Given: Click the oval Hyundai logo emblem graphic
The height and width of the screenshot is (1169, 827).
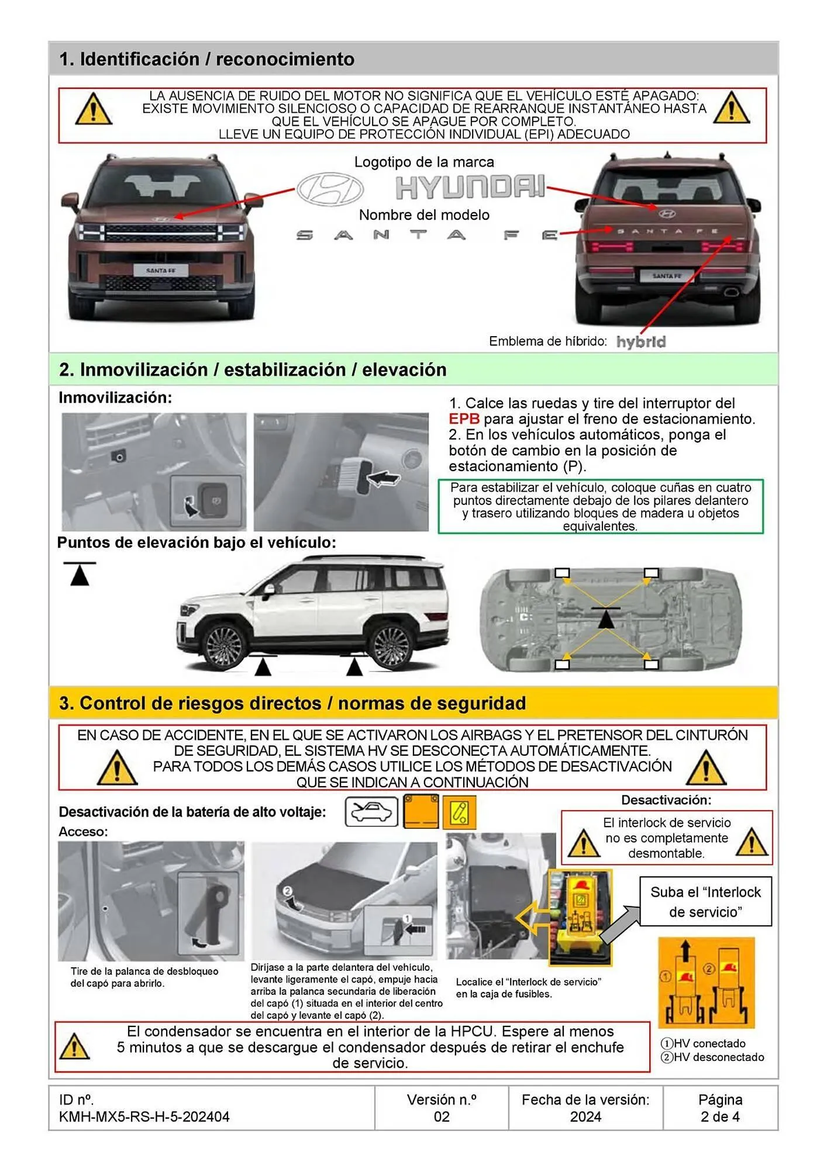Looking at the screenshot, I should coord(330,189).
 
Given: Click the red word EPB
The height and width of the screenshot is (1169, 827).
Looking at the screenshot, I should coord(464,419).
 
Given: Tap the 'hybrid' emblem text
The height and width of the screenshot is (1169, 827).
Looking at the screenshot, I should coord(641,342).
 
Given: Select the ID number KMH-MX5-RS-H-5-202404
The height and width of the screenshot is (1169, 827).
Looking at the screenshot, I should coord(144,1117).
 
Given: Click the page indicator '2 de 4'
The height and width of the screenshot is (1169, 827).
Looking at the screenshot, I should coord(720,1117).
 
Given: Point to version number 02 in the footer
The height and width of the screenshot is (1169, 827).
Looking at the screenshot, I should coord(442,1117).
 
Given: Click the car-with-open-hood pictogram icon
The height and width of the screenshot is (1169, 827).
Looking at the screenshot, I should coord(371,812).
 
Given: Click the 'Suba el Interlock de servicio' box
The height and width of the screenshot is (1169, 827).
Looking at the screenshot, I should coord(705,902).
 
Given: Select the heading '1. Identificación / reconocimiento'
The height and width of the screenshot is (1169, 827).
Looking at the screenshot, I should coord(206,59).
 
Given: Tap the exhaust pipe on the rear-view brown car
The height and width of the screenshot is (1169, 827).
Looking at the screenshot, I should coord(731,290).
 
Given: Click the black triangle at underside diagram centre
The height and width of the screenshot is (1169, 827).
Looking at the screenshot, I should coord(606,618).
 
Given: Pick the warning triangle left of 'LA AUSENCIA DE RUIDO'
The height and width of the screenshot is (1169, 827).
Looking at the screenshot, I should coord(94,109).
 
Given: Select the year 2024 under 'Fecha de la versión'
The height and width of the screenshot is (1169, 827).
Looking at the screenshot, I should coord(585,1117).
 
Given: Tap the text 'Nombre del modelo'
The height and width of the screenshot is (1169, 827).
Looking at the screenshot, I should coord(424,215).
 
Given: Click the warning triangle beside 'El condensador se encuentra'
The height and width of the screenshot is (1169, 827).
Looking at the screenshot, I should coord(75,1047).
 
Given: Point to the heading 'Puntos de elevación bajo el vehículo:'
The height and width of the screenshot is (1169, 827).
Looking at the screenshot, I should coord(197,543).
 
